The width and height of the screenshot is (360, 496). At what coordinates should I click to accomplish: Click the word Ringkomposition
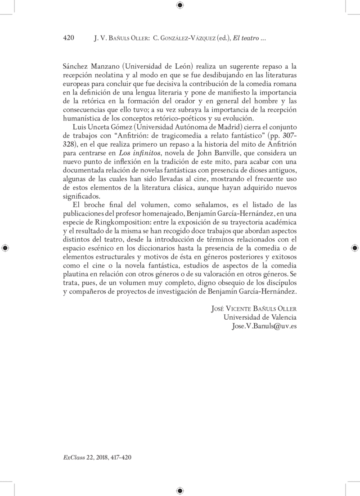point(119,223)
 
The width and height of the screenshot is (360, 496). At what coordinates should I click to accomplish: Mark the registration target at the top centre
point(180,5)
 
